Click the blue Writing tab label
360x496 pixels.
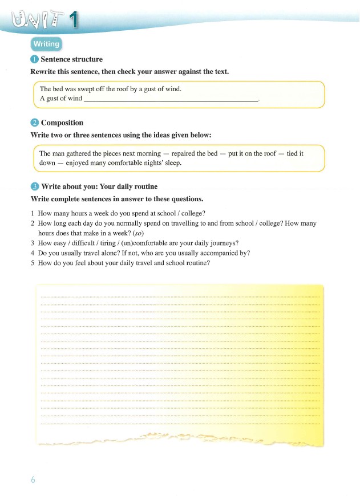click(x=46, y=44)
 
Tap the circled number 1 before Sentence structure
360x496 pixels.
click(x=34, y=59)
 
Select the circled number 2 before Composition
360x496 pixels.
click(x=34, y=123)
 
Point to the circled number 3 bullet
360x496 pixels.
click(x=34, y=186)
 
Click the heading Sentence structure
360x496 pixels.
click(x=72, y=59)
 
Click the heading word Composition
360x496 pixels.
click(x=62, y=123)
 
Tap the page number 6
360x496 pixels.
click(x=33, y=480)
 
